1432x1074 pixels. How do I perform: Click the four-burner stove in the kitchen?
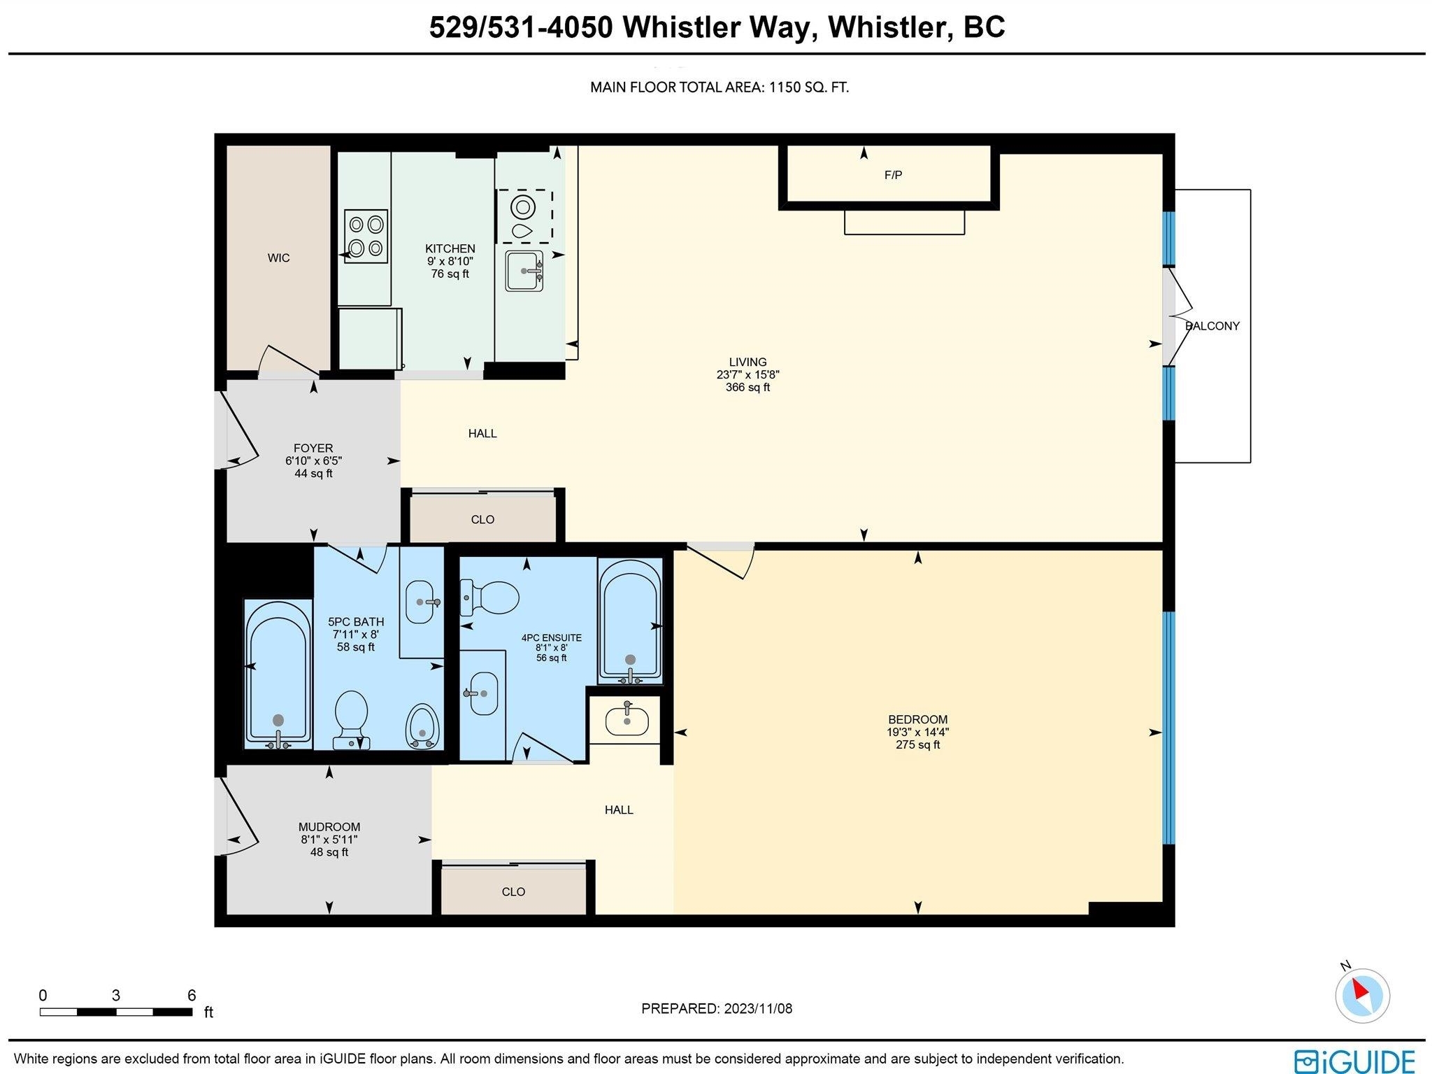[x=366, y=236]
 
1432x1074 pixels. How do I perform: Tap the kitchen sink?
[x=524, y=271]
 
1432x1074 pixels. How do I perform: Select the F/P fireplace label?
[x=893, y=175]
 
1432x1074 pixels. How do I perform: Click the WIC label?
[x=278, y=257]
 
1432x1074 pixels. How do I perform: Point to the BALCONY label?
[x=1212, y=326]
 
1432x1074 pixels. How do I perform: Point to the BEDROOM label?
[x=917, y=719]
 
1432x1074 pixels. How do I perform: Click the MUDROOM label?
[x=329, y=827]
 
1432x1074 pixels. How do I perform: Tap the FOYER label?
[x=313, y=448]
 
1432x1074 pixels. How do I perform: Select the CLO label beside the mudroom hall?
[x=513, y=892]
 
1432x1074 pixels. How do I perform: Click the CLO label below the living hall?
[x=482, y=520]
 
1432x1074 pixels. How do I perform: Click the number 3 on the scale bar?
[x=116, y=995]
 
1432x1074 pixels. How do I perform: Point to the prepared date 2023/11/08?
[x=758, y=1008]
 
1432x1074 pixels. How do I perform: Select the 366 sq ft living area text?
[x=747, y=387]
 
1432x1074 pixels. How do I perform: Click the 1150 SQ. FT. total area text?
[x=809, y=87]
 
